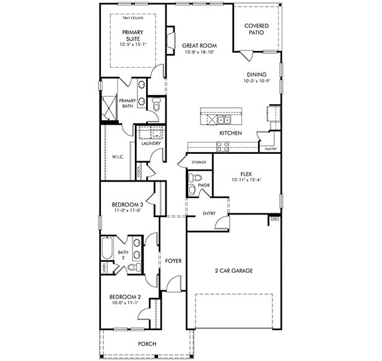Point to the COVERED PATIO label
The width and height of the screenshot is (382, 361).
pos(256,29)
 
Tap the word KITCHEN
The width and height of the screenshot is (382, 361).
pos(230,133)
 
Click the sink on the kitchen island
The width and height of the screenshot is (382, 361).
pos(225,119)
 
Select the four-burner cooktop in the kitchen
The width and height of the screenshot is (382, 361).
pos(222,146)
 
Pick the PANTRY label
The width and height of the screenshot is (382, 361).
pos(270,149)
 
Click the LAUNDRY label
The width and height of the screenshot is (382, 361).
pos(151,144)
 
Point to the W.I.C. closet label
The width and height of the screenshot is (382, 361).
pos(118,157)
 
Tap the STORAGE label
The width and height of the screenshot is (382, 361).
pos(198,162)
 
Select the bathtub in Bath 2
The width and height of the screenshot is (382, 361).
pos(106,251)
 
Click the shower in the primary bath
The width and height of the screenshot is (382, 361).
pos(109,109)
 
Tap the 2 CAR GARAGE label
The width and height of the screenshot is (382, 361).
pos(233,270)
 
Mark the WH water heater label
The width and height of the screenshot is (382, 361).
pos(274,219)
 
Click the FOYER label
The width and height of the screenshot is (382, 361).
pos(173,261)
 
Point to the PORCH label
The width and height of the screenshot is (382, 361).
pos(147,344)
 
